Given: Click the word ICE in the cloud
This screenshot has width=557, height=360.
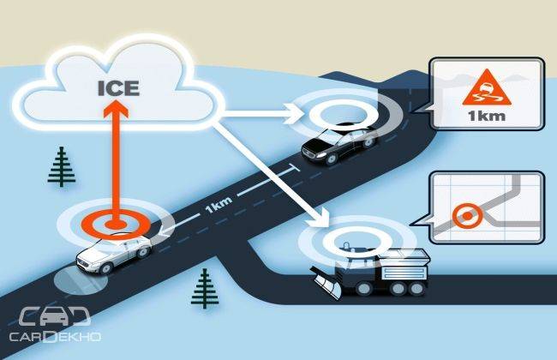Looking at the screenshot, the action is click(118, 88).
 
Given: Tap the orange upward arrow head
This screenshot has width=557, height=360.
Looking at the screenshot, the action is click(116, 109).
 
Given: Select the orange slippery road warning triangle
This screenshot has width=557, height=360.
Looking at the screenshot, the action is click(487, 87).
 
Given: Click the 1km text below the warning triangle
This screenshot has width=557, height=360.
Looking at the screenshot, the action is click(487, 116).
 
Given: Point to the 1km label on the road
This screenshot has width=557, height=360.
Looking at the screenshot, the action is click(219, 205).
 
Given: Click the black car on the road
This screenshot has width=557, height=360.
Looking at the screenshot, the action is click(338, 143).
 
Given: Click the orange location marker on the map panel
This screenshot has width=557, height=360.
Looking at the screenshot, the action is click(468, 216).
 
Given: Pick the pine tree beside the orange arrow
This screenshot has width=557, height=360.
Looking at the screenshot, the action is click(62, 166).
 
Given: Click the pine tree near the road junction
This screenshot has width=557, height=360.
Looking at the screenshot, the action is click(205, 288).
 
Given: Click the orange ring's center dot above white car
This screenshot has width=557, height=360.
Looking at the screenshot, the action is click(116, 225).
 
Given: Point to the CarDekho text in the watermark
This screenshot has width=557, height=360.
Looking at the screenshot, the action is click(55, 337).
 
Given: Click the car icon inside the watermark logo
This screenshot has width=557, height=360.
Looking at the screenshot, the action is click(54, 316).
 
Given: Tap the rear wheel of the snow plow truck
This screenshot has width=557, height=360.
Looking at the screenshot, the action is click(415, 289).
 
